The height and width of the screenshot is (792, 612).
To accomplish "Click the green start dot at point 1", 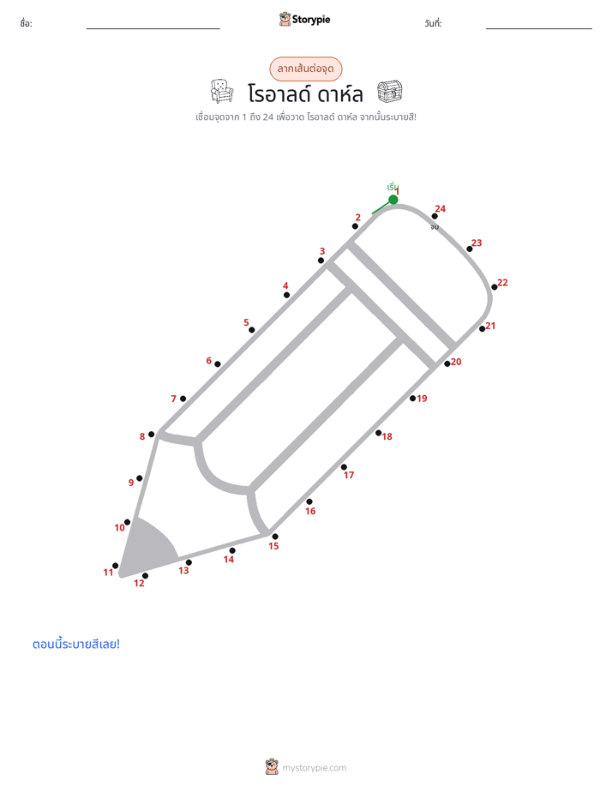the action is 393,200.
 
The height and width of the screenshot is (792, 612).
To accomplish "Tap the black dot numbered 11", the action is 115,566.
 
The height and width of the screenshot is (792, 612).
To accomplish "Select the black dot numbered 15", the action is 274,537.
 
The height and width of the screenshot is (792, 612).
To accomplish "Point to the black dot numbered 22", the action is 495,287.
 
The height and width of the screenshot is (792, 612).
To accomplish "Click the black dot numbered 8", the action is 151,435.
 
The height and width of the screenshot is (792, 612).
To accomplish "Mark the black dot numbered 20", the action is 447,363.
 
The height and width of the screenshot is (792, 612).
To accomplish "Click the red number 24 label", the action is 441,208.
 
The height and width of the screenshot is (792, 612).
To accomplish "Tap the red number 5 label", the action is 246,322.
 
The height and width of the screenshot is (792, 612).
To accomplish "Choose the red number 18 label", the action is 387,436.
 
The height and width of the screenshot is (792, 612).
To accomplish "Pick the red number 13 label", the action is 183,570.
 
